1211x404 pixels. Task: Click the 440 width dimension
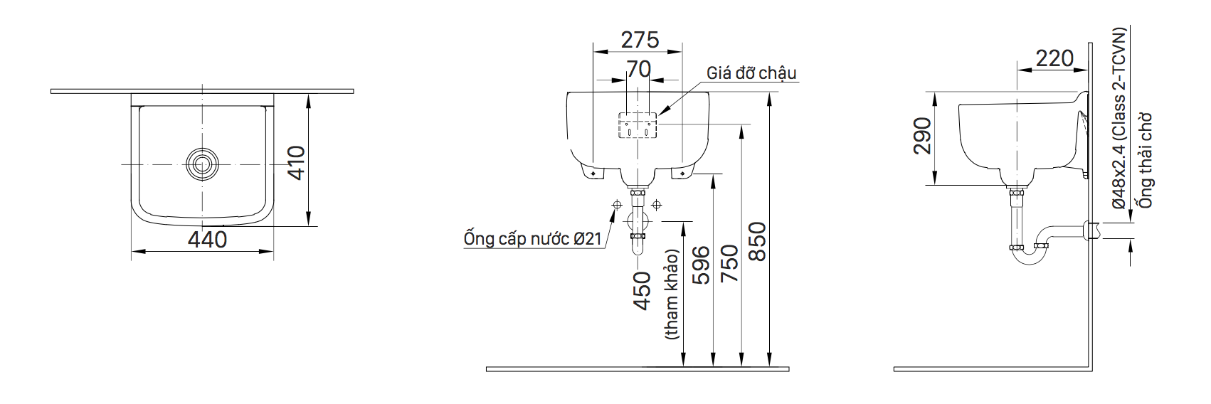[x=208, y=239]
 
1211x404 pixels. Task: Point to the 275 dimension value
[x=640, y=40]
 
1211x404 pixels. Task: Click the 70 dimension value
[x=638, y=69]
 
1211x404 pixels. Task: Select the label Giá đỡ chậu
[x=751, y=73]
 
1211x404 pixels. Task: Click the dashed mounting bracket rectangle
[x=638, y=126]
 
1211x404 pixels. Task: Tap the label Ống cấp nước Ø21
[x=533, y=239]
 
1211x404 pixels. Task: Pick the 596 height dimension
[x=701, y=265]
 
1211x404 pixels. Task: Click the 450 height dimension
[x=642, y=289]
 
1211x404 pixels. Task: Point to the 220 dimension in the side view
[x=1054, y=58]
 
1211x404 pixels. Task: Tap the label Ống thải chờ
[x=1146, y=161]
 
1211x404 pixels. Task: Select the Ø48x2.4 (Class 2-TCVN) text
[x=1119, y=118]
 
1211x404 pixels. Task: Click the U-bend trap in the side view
[x=1030, y=256]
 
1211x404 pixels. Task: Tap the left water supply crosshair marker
[x=616, y=206]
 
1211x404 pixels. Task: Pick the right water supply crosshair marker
[x=656, y=206]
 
